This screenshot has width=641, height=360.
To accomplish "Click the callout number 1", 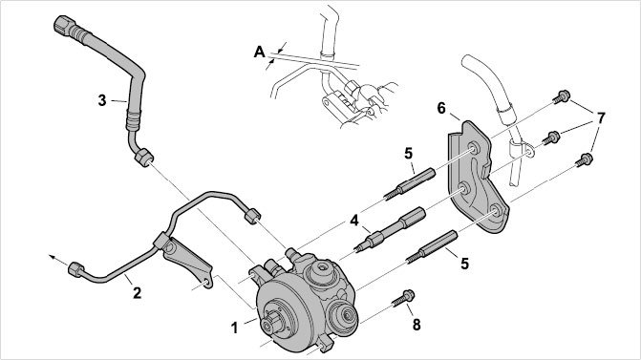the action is tap(234, 328).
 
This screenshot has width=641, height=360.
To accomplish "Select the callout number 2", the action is tap(137, 292).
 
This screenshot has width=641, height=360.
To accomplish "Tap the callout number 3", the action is tap(102, 100).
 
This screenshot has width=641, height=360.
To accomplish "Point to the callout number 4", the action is tap(354, 221).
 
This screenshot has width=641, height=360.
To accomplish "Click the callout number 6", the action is tap(441, 108).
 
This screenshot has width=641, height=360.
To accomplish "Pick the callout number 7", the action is tap(600, 118).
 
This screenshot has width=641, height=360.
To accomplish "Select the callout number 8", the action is tap(417, 325).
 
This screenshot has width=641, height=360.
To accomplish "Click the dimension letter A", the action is tap(260, 53).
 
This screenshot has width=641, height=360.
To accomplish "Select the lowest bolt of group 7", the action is tap(585, 159).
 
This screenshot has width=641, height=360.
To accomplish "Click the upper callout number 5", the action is tap(409, 154).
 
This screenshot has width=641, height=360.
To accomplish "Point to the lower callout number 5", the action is tap(464, 264).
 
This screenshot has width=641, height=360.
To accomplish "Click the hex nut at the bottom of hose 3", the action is tap(144, 158).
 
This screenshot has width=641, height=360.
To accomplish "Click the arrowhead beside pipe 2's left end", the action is tap(52, 257).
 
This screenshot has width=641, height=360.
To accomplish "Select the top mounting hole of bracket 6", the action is tap(474, 148).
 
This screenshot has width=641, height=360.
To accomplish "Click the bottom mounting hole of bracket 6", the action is tap(494, 211).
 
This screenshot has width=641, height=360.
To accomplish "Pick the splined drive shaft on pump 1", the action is tap(271, 324).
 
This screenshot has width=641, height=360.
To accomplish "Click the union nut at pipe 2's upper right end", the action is tap(252, 216).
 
